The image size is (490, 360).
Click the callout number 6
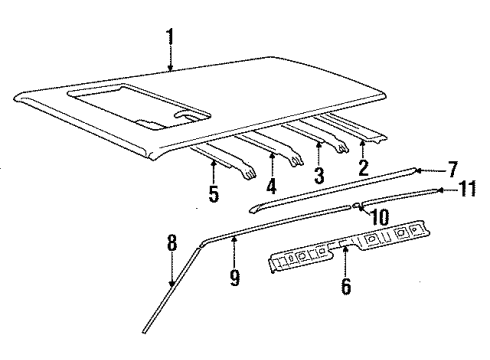tap(345, 286)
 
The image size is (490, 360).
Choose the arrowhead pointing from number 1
tap(171, 71)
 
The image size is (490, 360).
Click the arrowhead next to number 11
tap(437, 185)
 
